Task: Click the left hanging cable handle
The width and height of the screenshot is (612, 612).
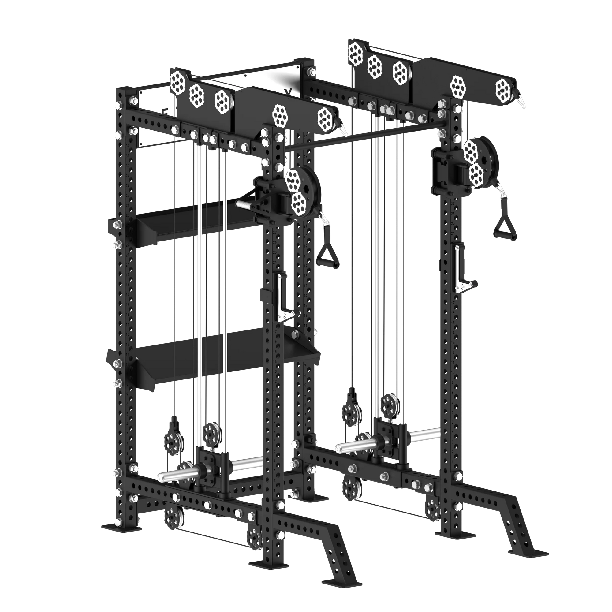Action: [x=328, y=253]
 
